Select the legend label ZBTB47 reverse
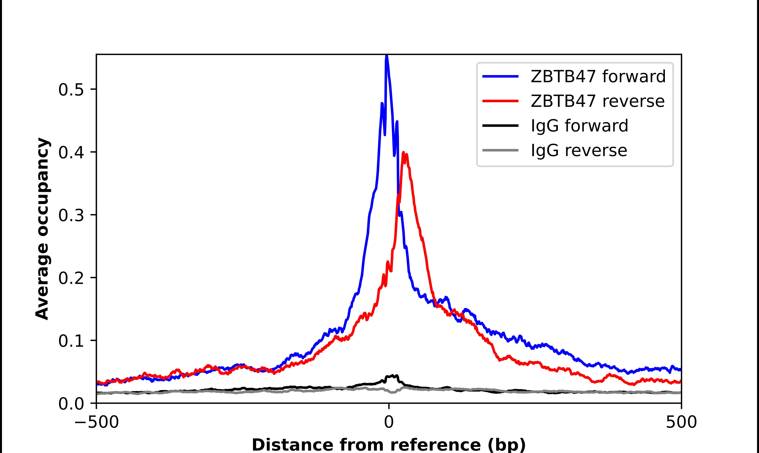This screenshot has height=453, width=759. tap(597, 101)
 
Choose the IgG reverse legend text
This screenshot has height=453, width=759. tap(579, 151)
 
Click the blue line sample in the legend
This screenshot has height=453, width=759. tap(501, 76)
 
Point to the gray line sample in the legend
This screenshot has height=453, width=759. tap(501, 150)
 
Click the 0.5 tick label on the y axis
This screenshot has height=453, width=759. tap(71, 90)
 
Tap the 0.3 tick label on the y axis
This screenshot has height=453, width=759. tap(71, 216)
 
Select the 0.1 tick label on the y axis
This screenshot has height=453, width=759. tap(71, 341)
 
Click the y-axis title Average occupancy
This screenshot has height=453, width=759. tap(42, 229)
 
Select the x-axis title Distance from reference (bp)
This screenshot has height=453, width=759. tap(388, 444)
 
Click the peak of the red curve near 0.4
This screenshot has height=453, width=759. tap(403, 152)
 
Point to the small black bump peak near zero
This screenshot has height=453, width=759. tap(392, 376)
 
